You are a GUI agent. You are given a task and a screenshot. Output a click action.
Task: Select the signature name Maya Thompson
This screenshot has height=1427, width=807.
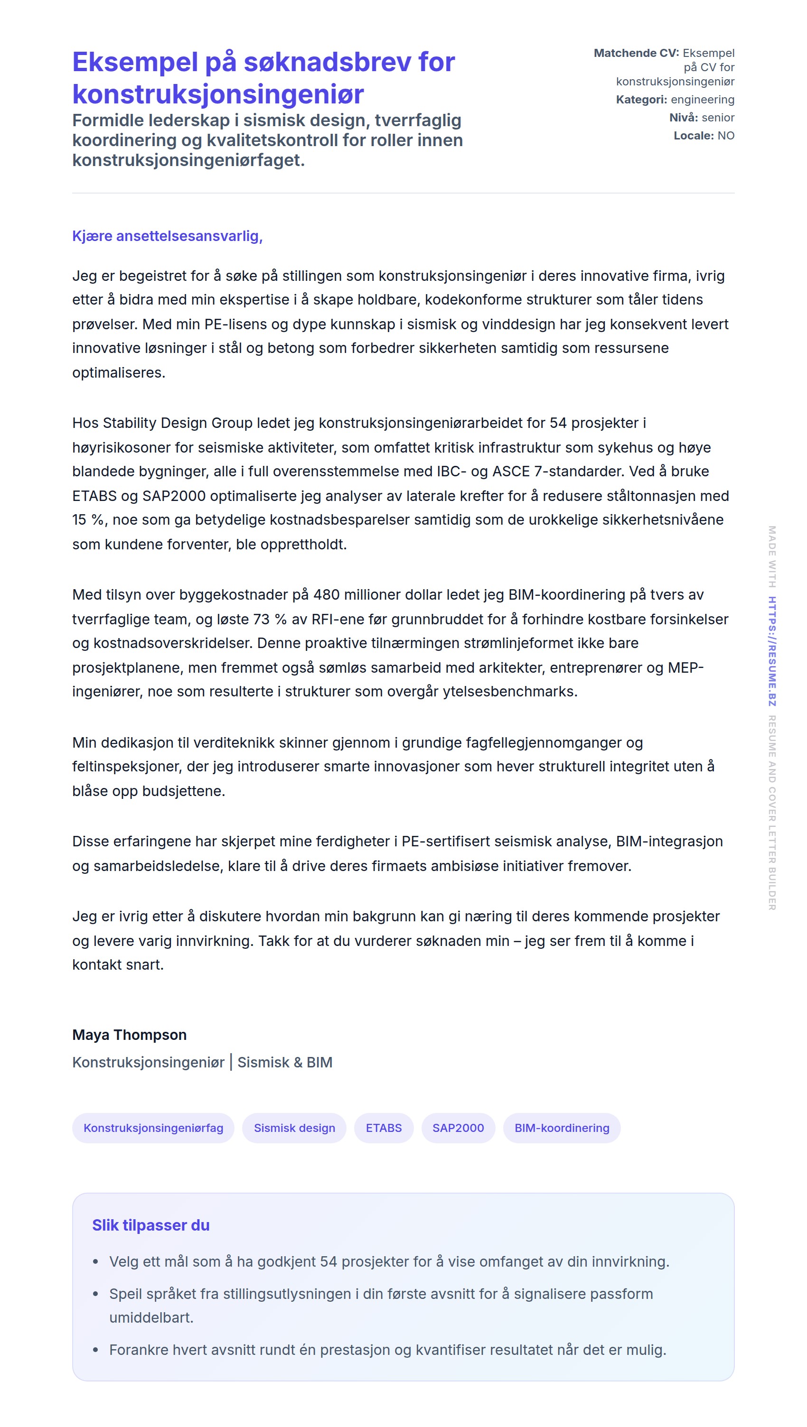(129, 1035)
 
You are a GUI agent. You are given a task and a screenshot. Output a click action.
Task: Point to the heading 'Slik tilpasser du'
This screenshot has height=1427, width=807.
(151, 1225)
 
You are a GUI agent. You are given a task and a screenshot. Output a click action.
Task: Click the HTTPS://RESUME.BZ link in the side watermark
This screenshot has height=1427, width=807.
(771, 651)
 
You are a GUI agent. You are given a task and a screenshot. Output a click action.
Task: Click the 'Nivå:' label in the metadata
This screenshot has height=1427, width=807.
(684, 118)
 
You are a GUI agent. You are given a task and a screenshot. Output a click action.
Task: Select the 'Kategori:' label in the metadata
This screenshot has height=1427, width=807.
(641, 100)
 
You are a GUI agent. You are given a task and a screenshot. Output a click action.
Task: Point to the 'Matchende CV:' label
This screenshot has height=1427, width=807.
(636, 53)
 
